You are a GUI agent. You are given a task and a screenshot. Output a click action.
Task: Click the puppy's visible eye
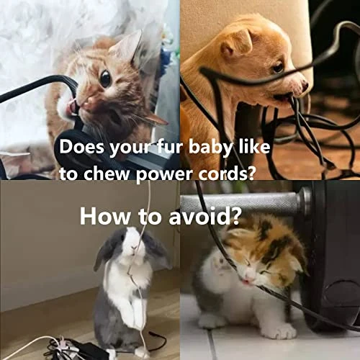278,67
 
